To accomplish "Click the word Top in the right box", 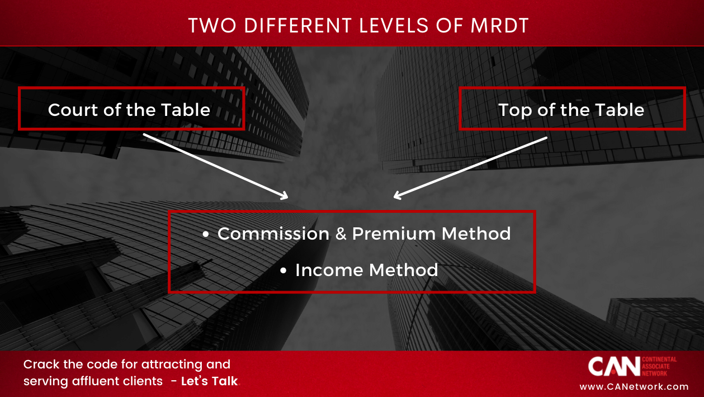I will point(513,110).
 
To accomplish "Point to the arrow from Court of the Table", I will point(215,166).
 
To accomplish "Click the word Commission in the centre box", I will point(273,233).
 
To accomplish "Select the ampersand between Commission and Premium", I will point(341,233).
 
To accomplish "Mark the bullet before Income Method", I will point(284,271).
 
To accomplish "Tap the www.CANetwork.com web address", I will point(634,386).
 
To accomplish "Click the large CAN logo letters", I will point(613,366).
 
